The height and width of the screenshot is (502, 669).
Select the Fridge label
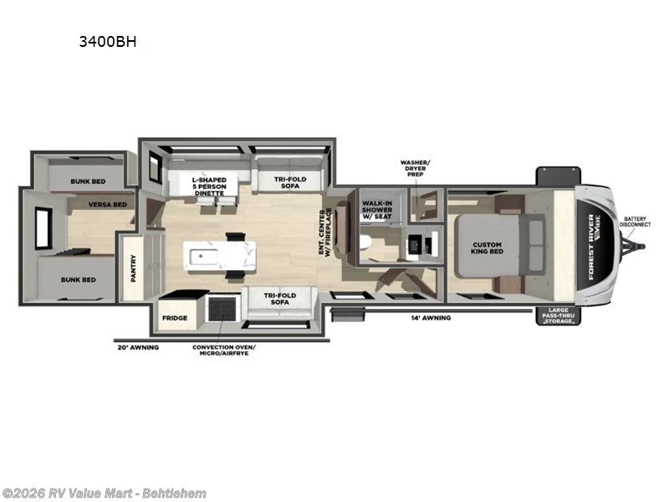(x=175, y=319)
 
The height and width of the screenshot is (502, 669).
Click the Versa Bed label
(x=110, y=204)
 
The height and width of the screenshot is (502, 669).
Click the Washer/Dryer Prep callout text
(x=415, y=166)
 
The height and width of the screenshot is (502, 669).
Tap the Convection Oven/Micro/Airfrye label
(x=220, y=350)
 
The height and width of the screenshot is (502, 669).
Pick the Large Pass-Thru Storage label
(x=556, y=315)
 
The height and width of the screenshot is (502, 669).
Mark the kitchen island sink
(x=202, y=256)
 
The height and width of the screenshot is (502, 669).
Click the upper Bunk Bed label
(x=86, y=181)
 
